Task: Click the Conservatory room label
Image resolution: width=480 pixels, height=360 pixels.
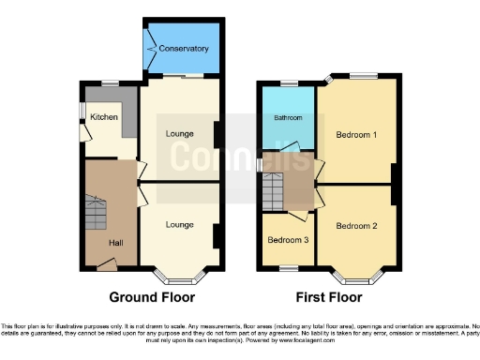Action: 184,48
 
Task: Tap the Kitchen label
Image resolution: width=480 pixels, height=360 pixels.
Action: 104,117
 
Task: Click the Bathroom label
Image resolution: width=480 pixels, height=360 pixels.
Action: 288,118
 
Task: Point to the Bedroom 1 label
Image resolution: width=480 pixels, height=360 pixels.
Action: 356,135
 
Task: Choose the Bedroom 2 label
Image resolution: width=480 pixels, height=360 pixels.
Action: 356,226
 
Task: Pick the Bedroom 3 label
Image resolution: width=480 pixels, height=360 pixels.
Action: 286,239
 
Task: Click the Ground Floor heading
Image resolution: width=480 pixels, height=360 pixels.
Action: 152,298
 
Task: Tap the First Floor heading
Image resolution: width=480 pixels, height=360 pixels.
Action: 328,298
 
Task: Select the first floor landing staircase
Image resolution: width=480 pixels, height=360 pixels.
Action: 272,193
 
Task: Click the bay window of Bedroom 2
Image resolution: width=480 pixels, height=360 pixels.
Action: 356,277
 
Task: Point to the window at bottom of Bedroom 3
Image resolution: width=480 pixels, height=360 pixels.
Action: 286,269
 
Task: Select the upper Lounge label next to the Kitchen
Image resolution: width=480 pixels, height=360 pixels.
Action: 179,134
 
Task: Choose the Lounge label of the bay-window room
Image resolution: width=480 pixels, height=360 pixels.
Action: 179,224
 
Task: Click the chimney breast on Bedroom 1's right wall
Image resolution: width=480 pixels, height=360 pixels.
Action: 396,183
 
